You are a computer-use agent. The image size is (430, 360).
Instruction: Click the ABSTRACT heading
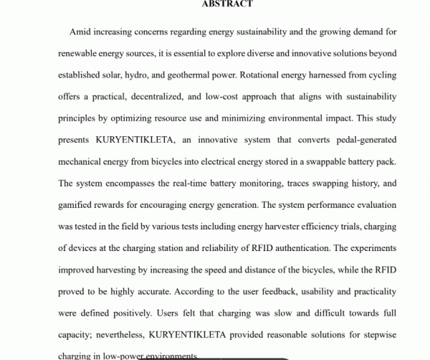point(227,4)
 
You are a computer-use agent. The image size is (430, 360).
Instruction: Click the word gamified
point(80,204)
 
